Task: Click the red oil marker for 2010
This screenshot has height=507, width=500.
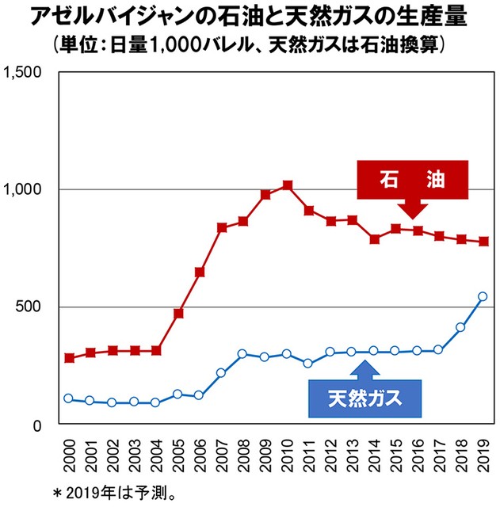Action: point(287,185)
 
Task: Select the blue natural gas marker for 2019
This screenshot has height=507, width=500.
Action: point(483,297)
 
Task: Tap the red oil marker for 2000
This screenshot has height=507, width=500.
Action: point(69,358)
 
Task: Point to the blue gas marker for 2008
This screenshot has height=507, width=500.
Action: point(243,353)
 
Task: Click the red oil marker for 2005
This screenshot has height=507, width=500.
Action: point(178,314)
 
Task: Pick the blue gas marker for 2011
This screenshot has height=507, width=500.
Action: point(309,364)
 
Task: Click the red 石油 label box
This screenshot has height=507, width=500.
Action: point(412,181)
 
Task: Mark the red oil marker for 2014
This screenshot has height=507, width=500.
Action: point(375,238)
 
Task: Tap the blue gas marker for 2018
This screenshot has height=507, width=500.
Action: point(461,327)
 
